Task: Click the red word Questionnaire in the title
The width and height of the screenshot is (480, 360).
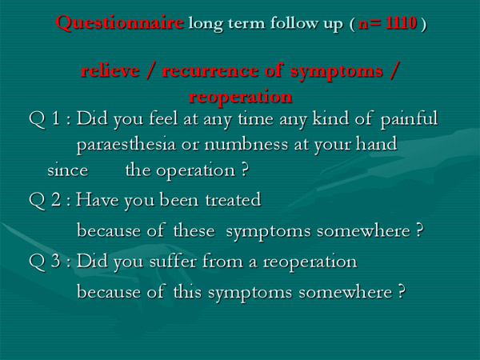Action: click(120, 23)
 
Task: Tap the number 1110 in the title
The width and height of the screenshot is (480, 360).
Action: click(401, 23)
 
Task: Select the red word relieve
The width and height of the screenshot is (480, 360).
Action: click(110, 70)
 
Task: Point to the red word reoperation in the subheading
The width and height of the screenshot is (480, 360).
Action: click(240, 98)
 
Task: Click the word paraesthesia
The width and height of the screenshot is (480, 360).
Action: click(126, 145)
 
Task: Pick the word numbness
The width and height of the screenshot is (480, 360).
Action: click(246, 144)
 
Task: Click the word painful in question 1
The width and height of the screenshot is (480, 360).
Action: click(410, 118)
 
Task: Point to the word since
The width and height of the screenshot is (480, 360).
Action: click(68, 170)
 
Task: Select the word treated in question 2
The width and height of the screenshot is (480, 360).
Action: click(233, 200)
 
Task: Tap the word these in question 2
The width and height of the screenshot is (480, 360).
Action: click(194, 230)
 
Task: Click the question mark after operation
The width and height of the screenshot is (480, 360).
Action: click(244, 170)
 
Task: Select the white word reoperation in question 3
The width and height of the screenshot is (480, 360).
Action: click(310, 262)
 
